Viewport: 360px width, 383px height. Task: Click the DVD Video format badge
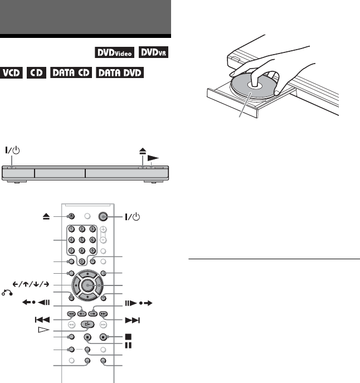(115, 52)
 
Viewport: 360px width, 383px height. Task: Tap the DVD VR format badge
(153, 52)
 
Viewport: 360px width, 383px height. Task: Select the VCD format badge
(11, 72)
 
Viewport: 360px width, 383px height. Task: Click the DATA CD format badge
(71, 72)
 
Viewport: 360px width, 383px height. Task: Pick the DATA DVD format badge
(120, 72)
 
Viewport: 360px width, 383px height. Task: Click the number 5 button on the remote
(82, 240)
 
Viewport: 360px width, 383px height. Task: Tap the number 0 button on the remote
(82, 261)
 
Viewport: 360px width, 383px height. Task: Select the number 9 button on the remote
(93, 251)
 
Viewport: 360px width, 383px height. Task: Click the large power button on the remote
(103, 216)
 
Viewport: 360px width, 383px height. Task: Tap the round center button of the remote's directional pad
(87, 285)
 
